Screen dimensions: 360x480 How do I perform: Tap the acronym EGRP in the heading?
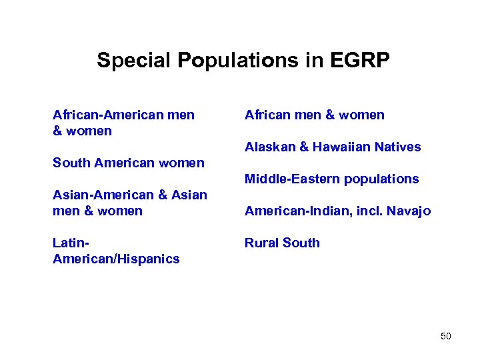[360, 61]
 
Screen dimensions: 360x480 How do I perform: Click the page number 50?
[446, 336]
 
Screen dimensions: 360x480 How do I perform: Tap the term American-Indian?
[295, 211]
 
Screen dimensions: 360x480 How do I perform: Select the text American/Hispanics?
[116, 259]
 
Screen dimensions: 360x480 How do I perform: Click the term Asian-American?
[103, 195]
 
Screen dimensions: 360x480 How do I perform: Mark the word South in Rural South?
[302, 243]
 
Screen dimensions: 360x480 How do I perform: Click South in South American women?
[71, 163]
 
